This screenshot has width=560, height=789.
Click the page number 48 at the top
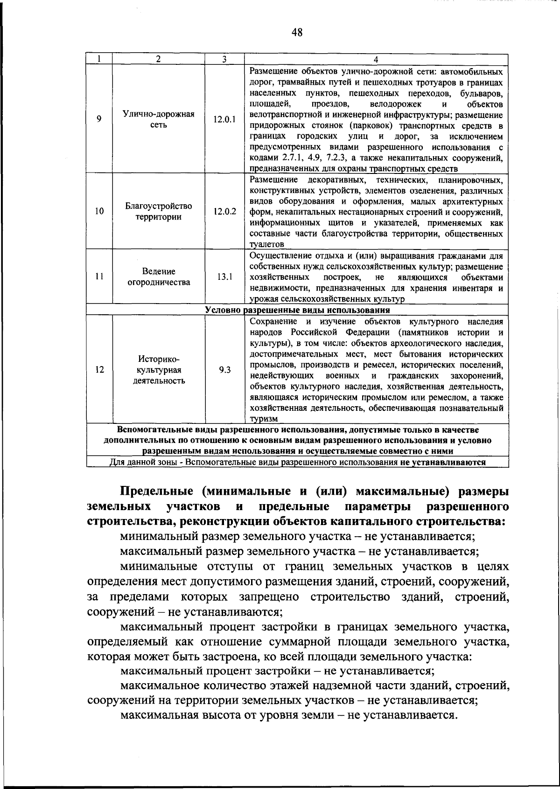[x=297, y=32]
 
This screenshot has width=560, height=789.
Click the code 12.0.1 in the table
[x=224, y=120]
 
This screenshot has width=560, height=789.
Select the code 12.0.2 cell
[x=224, y=211]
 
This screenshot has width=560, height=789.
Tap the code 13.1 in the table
[x=224, y=277]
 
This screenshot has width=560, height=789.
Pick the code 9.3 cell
[x=224, y=370]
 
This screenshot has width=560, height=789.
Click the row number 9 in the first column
[x=99, y=119]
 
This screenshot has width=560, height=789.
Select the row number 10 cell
[x=99, y=211]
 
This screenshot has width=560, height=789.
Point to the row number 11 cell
[x=99, y=277]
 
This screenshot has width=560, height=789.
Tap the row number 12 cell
[x=99, y=370]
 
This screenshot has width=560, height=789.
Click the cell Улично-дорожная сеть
[x=159, y=119]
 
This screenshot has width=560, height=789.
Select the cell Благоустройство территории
[x=159, y=211]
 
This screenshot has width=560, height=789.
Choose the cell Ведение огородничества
[x=159, y=277]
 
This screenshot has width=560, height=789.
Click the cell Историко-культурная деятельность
[x=159, y=369]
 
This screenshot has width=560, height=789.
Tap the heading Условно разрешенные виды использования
[x=297, y=310]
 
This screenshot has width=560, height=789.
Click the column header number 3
[x=224, y=59]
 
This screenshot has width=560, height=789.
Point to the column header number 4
[x=376, y=59]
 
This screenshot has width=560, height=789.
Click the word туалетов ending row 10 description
[x=266, y=244]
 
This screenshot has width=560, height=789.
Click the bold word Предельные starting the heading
[x=152, y=492]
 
